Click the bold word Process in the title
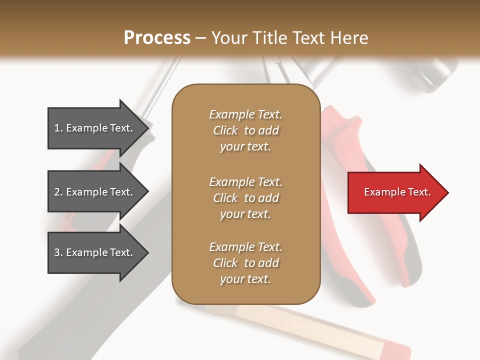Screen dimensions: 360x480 tap(157, 38)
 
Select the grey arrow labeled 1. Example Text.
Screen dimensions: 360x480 tap(95, 128)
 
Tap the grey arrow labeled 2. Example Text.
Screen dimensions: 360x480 tap(95, 192)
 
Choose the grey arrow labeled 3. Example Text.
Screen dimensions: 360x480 tap(95, 252)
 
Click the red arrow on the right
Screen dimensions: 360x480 tap(395, 192)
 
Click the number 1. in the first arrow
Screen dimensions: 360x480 tap(58, 128)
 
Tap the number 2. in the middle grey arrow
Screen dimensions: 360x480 tap(58, 192)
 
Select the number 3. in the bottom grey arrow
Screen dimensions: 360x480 tap(58, 252)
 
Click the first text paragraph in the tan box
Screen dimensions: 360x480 tap(245, 130)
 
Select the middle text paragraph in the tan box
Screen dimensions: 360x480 tap(245, 198)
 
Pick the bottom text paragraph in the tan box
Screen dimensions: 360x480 tap(245, 263)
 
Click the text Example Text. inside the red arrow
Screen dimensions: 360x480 tap(397, 192)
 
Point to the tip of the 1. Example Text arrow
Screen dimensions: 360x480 tap(147, 128)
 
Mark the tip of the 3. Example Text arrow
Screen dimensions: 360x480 tap(147, 252)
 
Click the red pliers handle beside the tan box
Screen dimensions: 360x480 tap(345, 150)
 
